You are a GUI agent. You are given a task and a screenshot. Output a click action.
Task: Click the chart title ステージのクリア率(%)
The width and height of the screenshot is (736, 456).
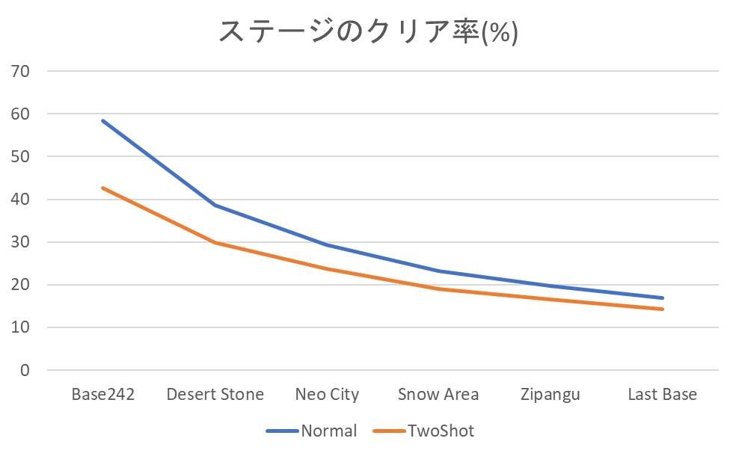[367, 32]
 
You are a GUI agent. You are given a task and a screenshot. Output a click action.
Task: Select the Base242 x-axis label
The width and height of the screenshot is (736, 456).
[103, 395]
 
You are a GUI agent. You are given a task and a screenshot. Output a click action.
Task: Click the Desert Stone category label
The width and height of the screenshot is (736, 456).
[215, 395]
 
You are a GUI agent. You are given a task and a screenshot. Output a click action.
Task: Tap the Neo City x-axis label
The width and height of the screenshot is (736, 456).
[327, 395]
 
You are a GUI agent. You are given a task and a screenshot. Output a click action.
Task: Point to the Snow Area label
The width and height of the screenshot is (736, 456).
[438, 395]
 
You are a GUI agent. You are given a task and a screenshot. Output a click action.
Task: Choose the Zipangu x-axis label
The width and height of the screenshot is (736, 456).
[550, 395]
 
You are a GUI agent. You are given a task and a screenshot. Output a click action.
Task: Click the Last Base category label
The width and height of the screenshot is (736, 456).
[662, 395]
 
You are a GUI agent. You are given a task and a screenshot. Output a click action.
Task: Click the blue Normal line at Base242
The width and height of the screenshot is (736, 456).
[103, 121]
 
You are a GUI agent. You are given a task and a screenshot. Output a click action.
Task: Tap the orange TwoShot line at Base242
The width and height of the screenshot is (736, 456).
[103, 188]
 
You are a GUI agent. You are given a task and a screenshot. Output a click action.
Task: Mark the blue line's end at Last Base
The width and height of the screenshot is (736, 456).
[662, 298]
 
